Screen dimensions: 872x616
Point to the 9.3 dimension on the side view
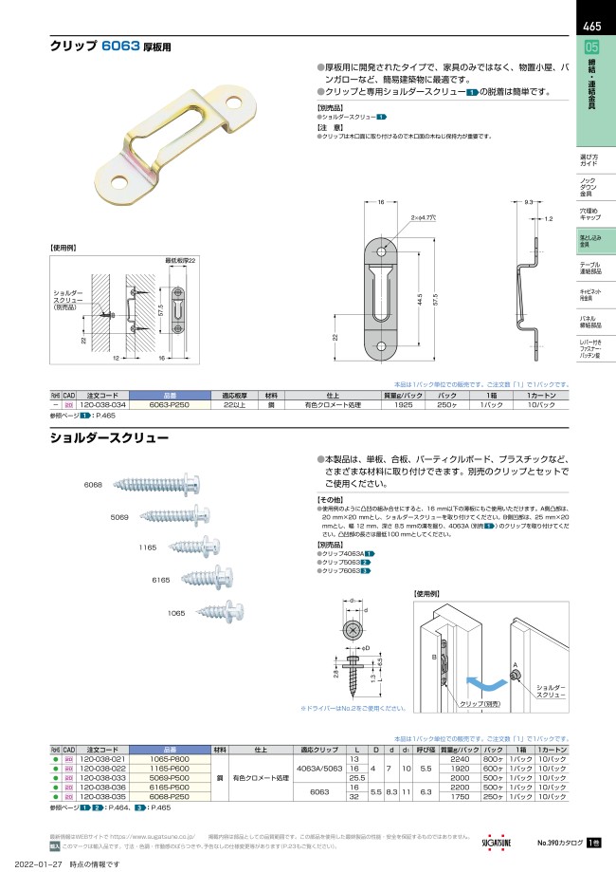tap(529, 202)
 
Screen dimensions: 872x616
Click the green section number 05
tap(591, 48)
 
